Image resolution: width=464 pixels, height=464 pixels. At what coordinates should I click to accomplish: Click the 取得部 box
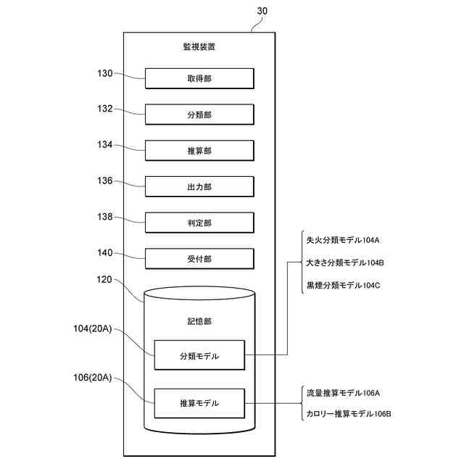click(x=199, y=78)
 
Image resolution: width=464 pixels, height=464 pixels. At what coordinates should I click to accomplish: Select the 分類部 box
click(x=199, y=115)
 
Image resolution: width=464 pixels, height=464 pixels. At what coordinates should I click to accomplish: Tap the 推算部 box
click(x=199, y=151)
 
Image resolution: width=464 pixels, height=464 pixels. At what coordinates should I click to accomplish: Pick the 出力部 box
click(x=199, y=187)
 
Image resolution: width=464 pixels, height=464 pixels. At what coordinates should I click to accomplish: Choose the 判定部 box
click(x=199, y=223)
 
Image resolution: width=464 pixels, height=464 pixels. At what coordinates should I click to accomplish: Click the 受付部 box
click(x=199, y=259)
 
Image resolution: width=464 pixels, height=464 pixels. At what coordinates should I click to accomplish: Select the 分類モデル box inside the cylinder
click(x=199, y=356)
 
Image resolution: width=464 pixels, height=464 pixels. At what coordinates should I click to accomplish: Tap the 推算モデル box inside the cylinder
click(x=199, y=403)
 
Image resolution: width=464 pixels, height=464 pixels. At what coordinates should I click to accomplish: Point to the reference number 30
click(x=263, y=12)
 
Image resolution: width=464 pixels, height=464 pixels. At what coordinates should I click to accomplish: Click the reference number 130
click(x=104, y=72)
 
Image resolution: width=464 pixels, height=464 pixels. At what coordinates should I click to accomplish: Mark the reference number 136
click(x=104, y=181)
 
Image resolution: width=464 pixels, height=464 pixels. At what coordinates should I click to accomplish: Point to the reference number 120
click(x=104, y=278)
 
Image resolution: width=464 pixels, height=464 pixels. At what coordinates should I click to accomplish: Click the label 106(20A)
click(x=93, y=377)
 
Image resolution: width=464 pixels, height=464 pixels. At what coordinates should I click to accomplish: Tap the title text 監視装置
click(x=199, y=47)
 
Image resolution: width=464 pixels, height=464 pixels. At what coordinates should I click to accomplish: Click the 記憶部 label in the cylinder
click(x=199, y=320)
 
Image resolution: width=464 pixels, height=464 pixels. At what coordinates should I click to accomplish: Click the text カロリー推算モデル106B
click(x=349, y=413)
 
